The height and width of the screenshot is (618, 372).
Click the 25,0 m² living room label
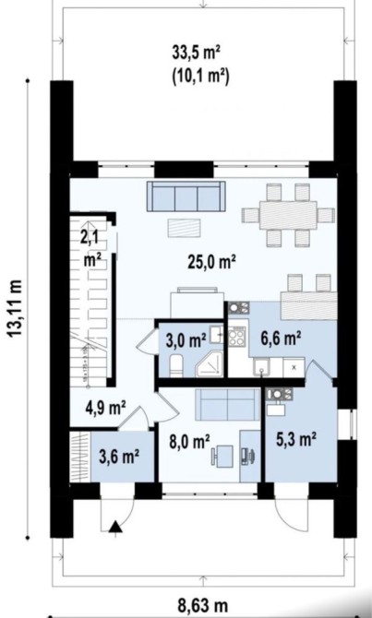click(211, 262)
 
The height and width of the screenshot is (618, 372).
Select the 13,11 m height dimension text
click(15, 309)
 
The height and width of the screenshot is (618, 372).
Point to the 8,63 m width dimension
click(203, 606)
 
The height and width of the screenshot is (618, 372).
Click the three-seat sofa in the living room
click(186, 196)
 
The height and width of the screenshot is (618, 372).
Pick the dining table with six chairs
click(288, 215)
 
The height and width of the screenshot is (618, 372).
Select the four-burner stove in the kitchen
click(236, 336)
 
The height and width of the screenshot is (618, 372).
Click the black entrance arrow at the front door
click(115, 527)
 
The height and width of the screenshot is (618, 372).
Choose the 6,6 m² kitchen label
click(281, 339)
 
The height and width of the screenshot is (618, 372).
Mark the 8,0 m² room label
click(189, 442)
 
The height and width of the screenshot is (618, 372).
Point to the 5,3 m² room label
click(297, 439)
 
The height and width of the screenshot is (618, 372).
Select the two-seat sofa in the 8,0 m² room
click(228, 404)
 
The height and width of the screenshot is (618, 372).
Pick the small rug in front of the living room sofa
click(184, 228)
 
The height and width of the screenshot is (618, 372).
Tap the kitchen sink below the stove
click(260, 367)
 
